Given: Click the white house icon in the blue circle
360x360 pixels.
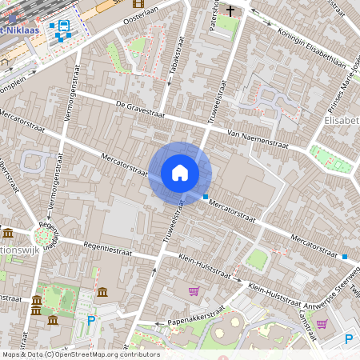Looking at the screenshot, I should pyautogui.click(x=180, y=172).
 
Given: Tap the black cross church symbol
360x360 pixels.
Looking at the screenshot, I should pyautogui.click(x=231, y=11).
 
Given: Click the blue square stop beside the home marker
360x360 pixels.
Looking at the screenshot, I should pyautogui.click(x=206, y=196).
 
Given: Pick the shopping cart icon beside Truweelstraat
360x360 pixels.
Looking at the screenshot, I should pyautogui.click(x=193, y=290).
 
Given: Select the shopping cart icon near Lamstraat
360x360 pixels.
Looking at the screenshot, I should pyautogui.click(x=321, y=324).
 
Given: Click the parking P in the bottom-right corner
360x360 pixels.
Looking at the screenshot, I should pyautogui.click(x=348, y=340).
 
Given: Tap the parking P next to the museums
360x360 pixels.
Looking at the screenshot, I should pyautogui.click(x=90, y=321).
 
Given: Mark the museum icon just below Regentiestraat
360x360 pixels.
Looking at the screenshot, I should pyautogui.click(x=102, y=292).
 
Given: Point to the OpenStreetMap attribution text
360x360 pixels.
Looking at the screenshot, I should pyautogui.click(x=80, y=354).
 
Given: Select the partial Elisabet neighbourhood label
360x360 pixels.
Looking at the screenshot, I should pyautogui.click(x=341, y=120).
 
